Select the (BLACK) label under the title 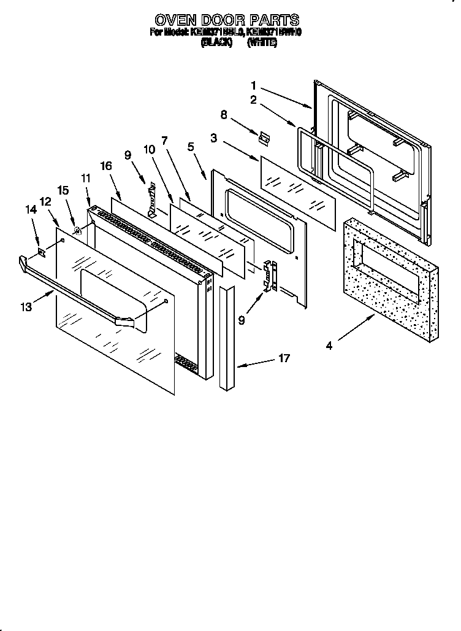[216, 44]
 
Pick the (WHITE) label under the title [262, 44]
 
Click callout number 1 [254, 85]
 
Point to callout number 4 [329, 346]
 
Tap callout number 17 [284, 358]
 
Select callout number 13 [26, 308]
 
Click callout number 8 [224, 114]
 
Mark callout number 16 [106, 166]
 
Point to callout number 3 [213, 139]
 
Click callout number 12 [45, 201]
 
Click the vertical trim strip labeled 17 [227, 337]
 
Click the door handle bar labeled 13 [74, 288]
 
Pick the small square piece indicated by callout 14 [42, 250]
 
